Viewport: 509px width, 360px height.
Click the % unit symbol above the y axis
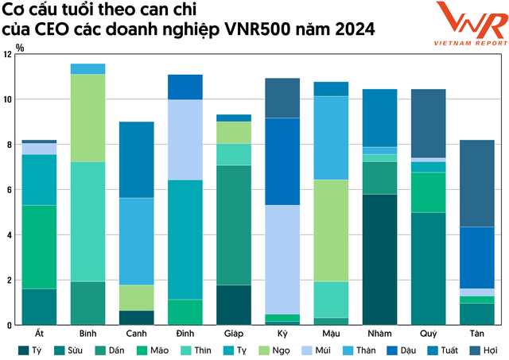point(20,48)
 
